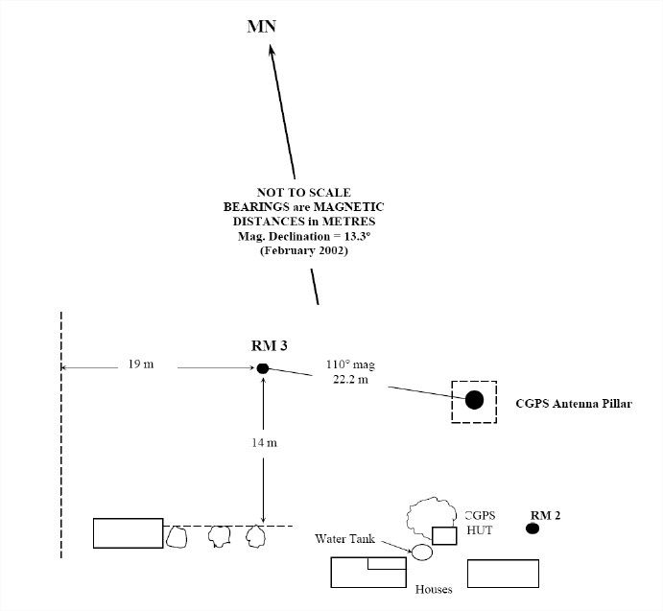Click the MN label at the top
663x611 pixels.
click(x=261, y=25)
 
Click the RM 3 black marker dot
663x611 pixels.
click(x=263, y=367)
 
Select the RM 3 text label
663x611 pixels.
click(x=263, y=345)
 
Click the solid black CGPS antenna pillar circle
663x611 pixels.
click(x=474, y=401)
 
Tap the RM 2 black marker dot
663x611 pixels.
click(x=533, y=529)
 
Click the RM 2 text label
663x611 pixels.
click(x=545, y=514)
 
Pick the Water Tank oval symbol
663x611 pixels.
click(x=421, y=552)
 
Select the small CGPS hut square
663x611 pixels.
click(x=444, y=535)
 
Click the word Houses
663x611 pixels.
click(x=433, y=590)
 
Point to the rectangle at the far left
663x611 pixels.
click(x=129, y=532)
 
